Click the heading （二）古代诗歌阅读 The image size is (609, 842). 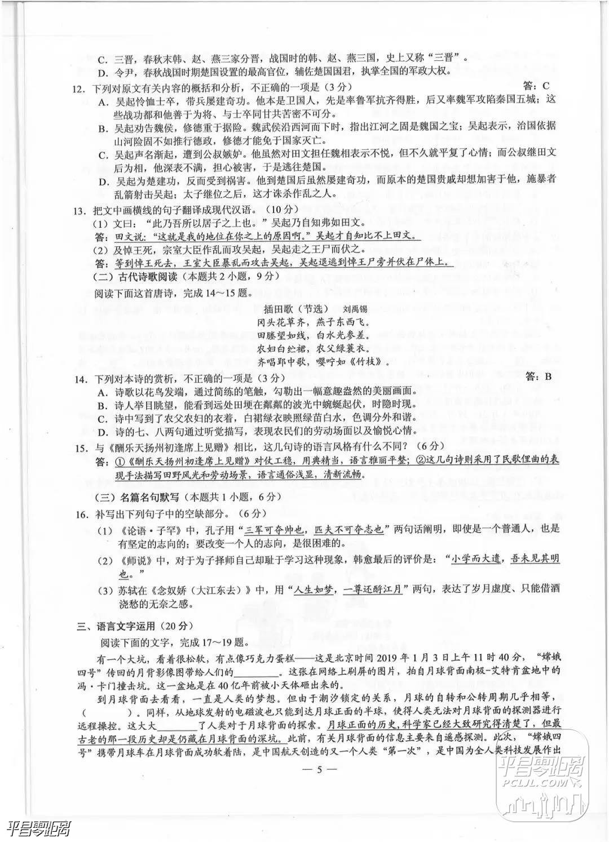pos(135,277)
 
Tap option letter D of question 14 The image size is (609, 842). pos(103,432)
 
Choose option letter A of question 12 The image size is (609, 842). pos(103,101)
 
